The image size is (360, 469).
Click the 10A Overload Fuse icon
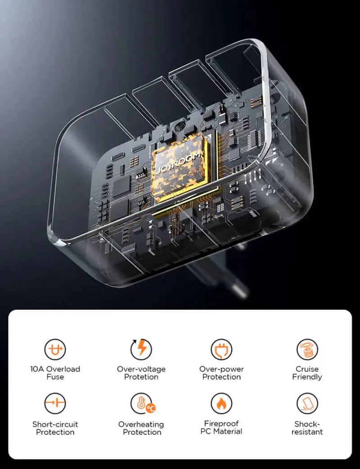[x=55, y=349]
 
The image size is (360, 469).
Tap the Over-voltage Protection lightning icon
[x=141, y=348]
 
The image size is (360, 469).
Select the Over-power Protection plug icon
[x=221, y=349]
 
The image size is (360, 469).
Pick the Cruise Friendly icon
[x=307, y=349]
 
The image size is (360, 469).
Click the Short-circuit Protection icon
[x=55, y=403]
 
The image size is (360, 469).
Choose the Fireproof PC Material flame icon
[x=221, y=403]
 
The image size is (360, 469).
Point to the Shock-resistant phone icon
[x=307, y=403]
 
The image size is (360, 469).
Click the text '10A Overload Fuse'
[x=55, y=373]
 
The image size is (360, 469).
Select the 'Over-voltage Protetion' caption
[x=141, y=373]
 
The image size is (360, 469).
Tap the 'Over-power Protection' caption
[x=221, y=373]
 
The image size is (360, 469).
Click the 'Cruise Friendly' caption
[x=307, y=373]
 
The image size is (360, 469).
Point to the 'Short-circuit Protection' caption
[x=55, y=428]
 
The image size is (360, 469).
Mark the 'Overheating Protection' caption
[x=141, y=428]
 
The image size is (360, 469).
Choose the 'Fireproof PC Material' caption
[x=221, y=427]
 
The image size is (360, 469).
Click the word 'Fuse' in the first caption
[x=55, y=377]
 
